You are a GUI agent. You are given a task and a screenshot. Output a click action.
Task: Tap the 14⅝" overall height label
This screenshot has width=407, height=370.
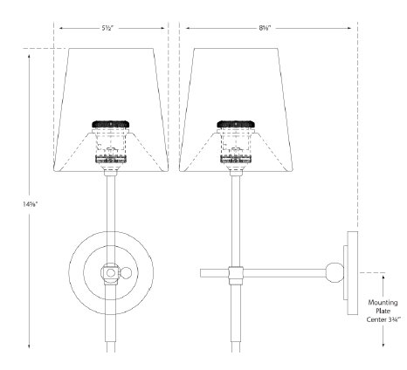(31, 203)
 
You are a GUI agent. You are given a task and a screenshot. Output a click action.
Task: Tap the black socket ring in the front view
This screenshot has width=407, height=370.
(110, 125)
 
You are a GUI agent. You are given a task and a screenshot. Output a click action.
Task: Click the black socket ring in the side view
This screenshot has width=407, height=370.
(235, 125)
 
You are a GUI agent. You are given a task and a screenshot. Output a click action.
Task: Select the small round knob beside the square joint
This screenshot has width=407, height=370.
(126, 273)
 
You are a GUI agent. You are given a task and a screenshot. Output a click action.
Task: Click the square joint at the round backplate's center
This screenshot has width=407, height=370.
(110, 273)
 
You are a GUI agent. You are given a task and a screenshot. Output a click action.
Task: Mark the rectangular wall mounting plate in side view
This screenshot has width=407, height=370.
(349, 271)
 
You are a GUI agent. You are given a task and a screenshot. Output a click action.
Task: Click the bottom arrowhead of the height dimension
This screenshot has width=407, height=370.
(31, 347)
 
